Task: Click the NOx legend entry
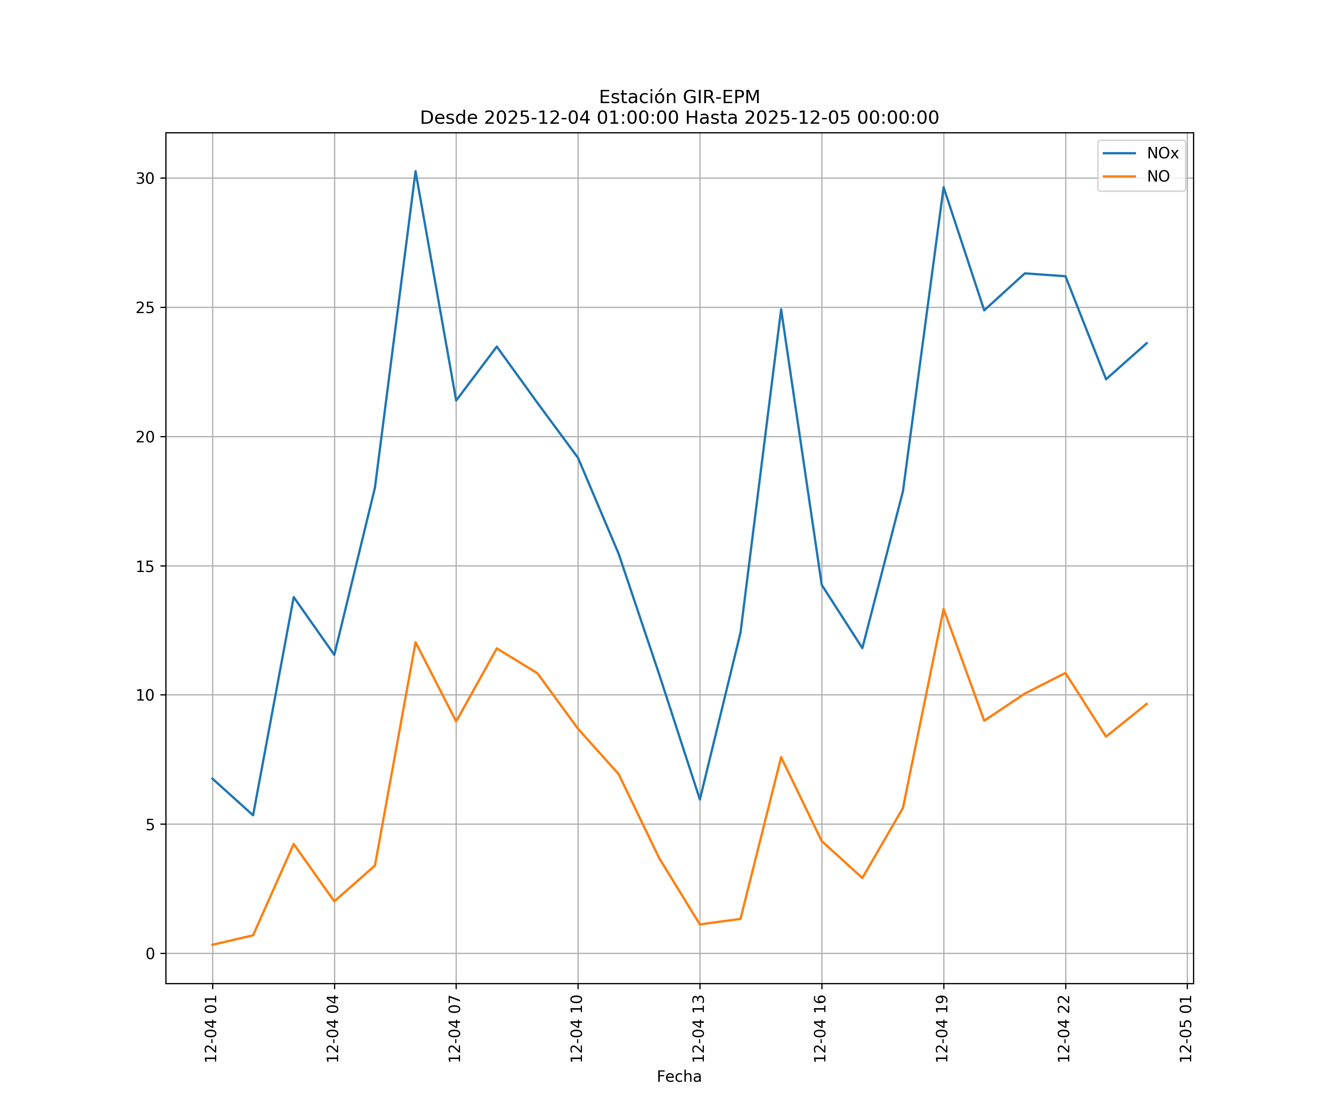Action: tap(1162, 154)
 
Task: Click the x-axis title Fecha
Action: tap(679, 1077)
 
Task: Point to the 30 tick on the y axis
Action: tap(145, 178)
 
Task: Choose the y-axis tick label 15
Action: tap(145, 566)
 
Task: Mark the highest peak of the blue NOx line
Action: tap(415, 171)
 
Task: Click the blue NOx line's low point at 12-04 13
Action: tap(699, 799)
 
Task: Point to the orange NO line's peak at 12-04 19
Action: tap(943, 609)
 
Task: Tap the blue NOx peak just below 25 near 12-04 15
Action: tap(781, 309)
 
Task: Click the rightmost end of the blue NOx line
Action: tap(1147, 343)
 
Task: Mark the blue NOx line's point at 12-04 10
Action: tap(578, 458)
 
